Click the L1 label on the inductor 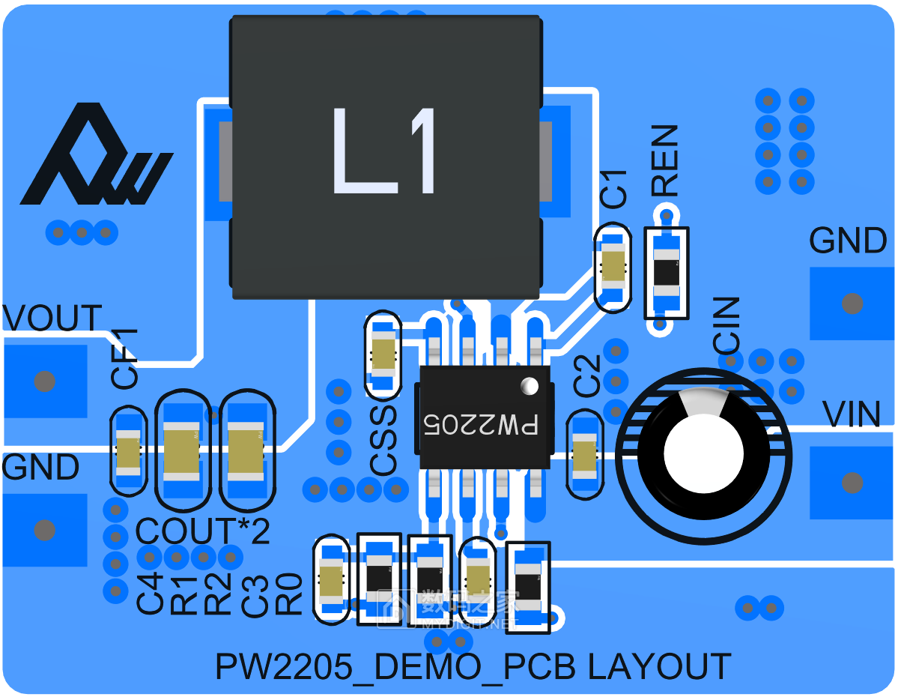tap(383, 151)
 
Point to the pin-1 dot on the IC tap(530, 385)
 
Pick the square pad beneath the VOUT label tap(45, 381)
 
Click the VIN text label tap(852, 414)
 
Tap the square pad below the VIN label tap(852, 482)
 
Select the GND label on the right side tap(849, 241)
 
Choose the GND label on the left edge tap(41, 468)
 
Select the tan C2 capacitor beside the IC tap(584, 454)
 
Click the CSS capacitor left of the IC tap(383, 354)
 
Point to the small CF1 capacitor tap(129, 453)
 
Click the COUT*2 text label tap(203, 532)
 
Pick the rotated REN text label tap(664, 161)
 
